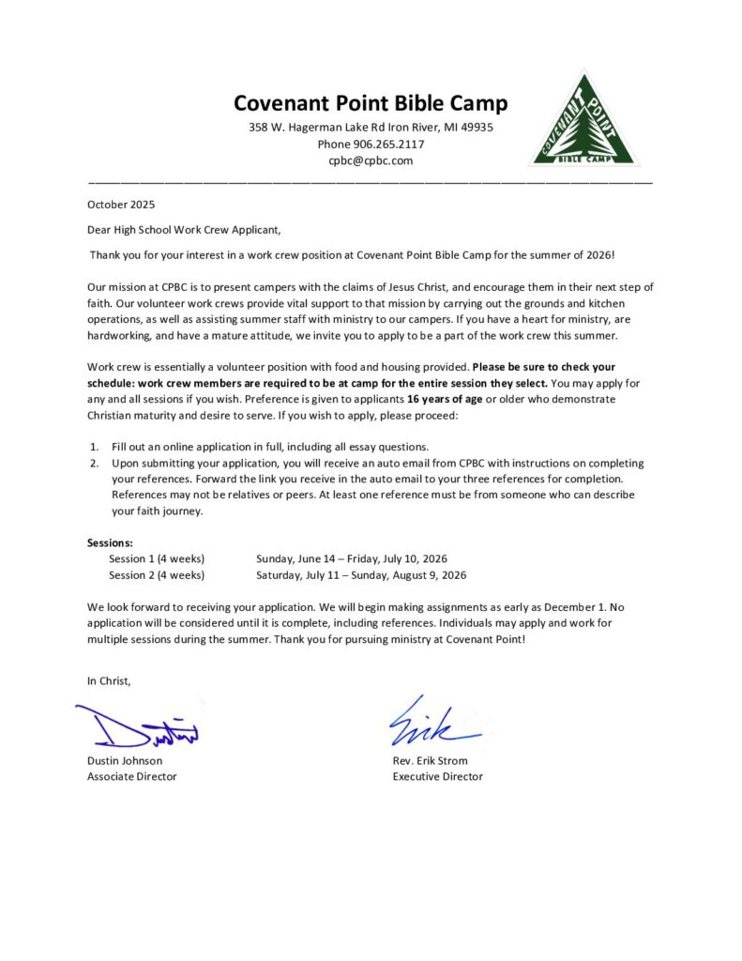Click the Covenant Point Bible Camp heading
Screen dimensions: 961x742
pos(371,103)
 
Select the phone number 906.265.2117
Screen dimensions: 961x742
pos(387,145)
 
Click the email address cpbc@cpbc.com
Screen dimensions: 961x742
pos(371,160)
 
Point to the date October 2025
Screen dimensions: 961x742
pos(121,204)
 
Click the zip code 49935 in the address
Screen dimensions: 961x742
pos(476,128)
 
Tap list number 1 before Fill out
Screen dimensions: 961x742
pos(94,447)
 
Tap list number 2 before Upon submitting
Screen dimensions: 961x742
pos(94,463)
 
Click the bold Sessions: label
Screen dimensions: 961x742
pos(110,542)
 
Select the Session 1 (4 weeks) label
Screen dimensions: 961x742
pos(157,558)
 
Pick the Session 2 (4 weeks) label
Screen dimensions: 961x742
pos(157,575)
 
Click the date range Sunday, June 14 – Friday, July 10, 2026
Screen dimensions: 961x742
pos(352,558)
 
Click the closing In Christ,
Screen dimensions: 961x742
pos(110,681)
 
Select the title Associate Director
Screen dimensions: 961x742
pos(132,777)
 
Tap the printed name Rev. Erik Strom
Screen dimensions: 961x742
pos(430,761)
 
